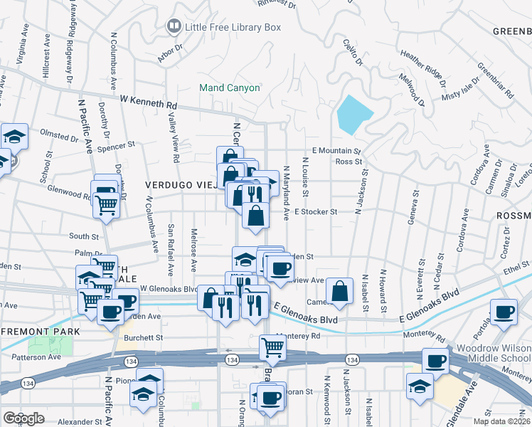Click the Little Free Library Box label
click(x=233, y=27)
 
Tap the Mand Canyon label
click(x=229, y=88)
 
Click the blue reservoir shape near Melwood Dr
click(x=355, y=115)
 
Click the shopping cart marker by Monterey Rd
click(x=272, y=347)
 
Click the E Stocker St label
click(x=314, y=211)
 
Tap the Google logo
click(x=23, y=418)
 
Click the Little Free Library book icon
click(x=174, y=27)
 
